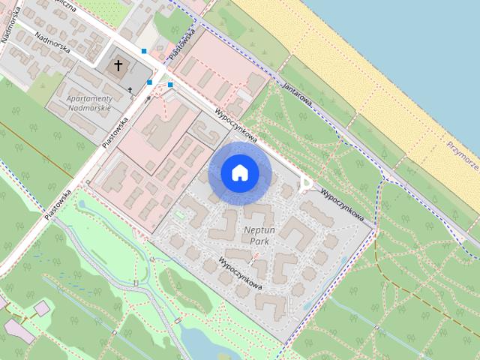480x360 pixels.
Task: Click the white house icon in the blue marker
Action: [x=240, y=172]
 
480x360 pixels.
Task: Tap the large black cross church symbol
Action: [x=118, y=66]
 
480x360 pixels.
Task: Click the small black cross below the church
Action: [x=130, y=90]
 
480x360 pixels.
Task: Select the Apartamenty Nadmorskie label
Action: [x=89, y=103]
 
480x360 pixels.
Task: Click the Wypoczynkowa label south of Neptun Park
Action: [x=240, y=275]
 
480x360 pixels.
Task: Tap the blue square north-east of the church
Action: [x=144, y=51]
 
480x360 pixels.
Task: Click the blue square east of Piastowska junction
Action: [x=170, y=85]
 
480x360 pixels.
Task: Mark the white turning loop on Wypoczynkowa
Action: [x=304, y=183]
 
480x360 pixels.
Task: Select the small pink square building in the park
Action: [x=41, y=307]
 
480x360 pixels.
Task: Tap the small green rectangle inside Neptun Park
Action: [x=179, y=216]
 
